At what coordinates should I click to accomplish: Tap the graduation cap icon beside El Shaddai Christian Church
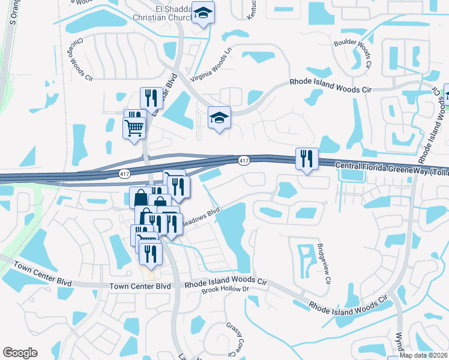[x=203, y=13]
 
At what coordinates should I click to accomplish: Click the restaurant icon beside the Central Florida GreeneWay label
[x=306, y=158]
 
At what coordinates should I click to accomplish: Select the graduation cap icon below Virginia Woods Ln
[x=219, y=117]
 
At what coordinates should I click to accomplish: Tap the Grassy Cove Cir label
[x=235, y=337]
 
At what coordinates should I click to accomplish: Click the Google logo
[x=20, y=353]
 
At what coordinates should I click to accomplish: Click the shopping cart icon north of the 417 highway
[x=133, y=127]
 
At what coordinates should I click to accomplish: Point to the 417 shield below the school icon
[x=243, y=160]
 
